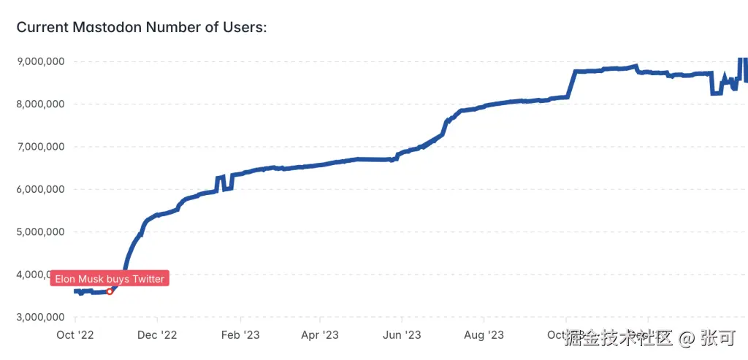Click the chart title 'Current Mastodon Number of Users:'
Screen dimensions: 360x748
[x=142, y=28]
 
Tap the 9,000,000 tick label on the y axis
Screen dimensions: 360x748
[x=40, y=61]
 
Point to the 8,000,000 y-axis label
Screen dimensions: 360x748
[x=40, y=104]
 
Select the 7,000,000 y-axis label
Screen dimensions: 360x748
[x=40, y=147]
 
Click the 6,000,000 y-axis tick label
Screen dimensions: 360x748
[x=40, y=189]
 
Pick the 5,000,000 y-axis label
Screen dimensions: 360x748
[x=40, y=232]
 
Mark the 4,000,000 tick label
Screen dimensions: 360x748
[x=40, y=275]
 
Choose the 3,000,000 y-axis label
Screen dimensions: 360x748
[x=40, y=318]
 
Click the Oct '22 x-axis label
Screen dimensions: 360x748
[x=75, y=335]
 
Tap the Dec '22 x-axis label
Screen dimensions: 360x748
[x=157, y=335]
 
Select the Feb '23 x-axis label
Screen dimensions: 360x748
[x=240, y=335]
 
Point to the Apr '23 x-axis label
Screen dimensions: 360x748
[x=321, y=335]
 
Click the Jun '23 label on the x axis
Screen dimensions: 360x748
[x=402, y=335]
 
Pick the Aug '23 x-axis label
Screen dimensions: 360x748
[x=484, y=335]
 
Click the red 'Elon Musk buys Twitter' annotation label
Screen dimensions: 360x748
[x=110, y=279]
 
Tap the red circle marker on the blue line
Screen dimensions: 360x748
[x=110, y=291]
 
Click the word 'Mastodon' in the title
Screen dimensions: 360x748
[x=108, y=28]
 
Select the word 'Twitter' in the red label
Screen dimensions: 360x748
[x=148, y=279]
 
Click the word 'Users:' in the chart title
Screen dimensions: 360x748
[x=244, y=28]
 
